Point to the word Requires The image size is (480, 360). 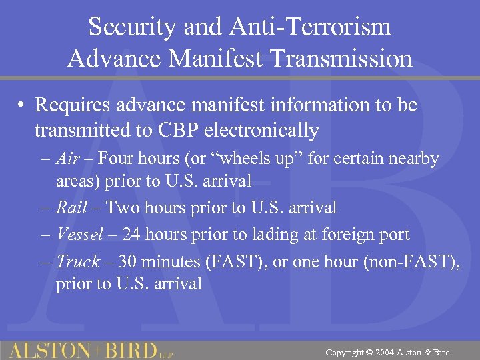[x=73, y=105]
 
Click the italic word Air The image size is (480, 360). [x=67, y=159]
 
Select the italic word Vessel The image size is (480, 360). [x=79, y=235]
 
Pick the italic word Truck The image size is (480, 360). [x=77, y=262]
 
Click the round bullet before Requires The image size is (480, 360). [x=22, y=106]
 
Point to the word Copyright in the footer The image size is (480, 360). [x=345, y=352]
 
